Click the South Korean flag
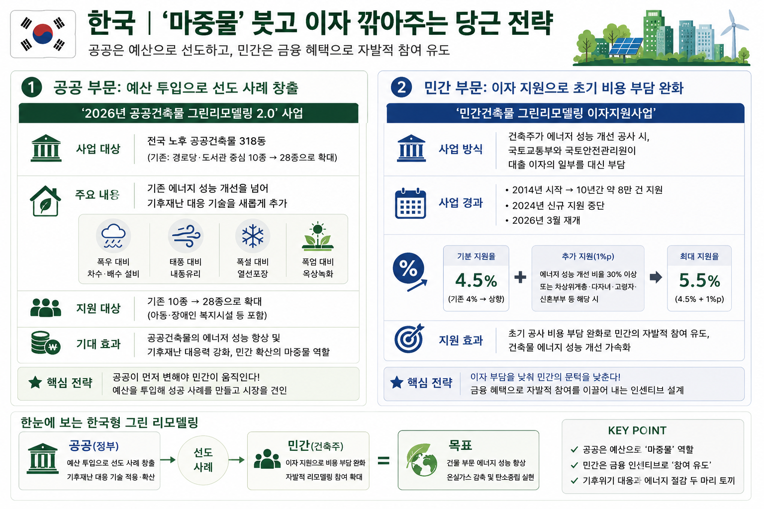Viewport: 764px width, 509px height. (x=43, y=34)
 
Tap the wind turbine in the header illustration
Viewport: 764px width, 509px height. (x=734, y=34)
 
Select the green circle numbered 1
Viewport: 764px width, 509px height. (x=31, y=87)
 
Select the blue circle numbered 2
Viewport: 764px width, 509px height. (x=401, y=87)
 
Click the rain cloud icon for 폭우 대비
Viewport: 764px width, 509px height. (x=113, y=236)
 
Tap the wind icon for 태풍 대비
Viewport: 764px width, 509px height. (x=186, y=236)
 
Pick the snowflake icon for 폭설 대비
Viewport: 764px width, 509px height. (x=253, y=236)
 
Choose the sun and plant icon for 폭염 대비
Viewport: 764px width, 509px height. (x=318, y=236)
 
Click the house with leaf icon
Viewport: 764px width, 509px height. (x=45, y=201)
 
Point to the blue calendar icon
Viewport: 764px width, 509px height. (x=410, y=203)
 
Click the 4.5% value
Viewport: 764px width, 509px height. (x=476, y=280)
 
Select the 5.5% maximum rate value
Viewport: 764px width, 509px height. (x=699, y=280)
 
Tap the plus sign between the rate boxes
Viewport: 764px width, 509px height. (x=520, y=277)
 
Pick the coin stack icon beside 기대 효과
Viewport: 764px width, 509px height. (x=46, y=343)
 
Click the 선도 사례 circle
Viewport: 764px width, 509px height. (x=203, y=460)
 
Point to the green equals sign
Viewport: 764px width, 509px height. (x=383, y=461)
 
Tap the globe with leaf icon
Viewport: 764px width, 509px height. (x=422, y=460)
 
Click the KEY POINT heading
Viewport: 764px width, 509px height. (x=637, y=430)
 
